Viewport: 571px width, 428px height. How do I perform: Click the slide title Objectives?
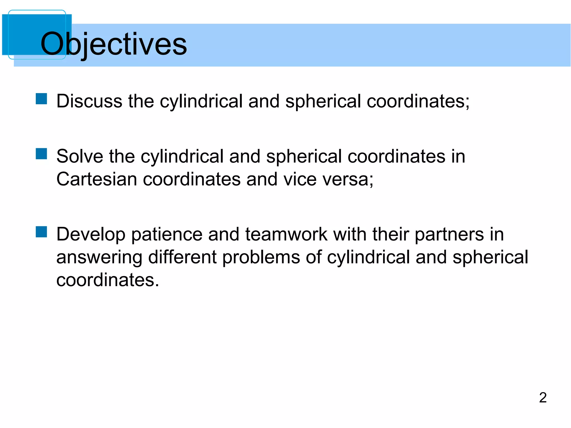[114, 44]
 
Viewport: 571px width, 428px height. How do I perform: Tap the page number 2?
[543, 397]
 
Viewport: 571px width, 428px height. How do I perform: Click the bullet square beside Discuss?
[41, 99]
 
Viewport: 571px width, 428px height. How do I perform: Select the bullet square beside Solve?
[41, 154]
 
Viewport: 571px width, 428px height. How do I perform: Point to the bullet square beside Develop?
[41, 232]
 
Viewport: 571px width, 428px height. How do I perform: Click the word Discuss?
[89, 101]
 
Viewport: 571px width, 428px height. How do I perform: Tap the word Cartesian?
[96, 179]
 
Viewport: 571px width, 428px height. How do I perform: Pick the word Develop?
[91, 235]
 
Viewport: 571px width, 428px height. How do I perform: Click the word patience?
[167, 235]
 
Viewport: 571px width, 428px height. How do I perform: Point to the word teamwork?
[286, 235]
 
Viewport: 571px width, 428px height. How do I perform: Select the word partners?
[449, 235]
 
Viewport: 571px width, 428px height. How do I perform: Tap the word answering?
[99, 257]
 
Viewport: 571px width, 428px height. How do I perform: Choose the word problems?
[261, 257]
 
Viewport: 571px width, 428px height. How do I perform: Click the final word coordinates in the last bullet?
[108, 280]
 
